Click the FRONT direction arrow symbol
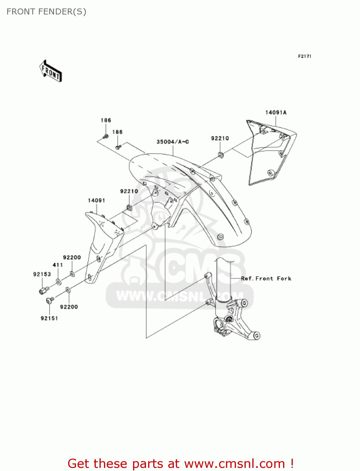(51, 71)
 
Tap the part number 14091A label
(276, 112)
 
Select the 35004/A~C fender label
(173, 142)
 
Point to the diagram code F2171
(304, 56)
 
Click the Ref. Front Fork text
(266, 279)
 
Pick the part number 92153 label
(42, 274)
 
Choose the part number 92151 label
(49, 318)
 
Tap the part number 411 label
(58, 265)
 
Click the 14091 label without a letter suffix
(96, 200)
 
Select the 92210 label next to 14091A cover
(220, 138)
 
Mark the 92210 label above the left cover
(129, 191)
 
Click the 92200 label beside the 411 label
(72, 257)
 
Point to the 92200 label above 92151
(69, 307)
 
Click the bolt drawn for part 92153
(44, 290)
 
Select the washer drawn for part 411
(59, 282)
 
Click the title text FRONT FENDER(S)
(46, 12)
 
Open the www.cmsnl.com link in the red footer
(234, 463)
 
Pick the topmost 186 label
(106, 120)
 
